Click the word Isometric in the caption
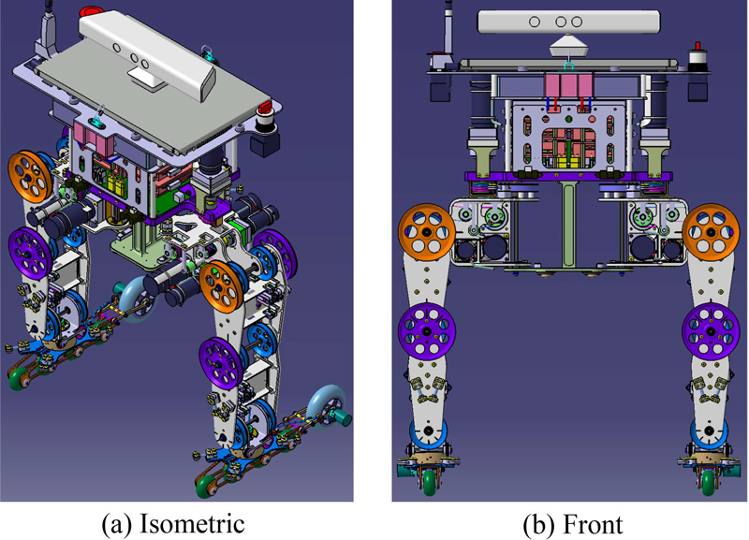(x=192, y=524)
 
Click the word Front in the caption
(x=593, y=524)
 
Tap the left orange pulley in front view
(x=427, y=232)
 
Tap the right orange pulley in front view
(x=711, y=231)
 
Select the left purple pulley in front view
(x=427, y=331)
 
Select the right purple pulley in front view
(x=711, y=331)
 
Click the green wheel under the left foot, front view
(x=429, y=481)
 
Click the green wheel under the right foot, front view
(x=708, y=481)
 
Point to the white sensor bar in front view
(x=569, y=22)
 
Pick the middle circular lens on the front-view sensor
(x=561, y=22)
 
